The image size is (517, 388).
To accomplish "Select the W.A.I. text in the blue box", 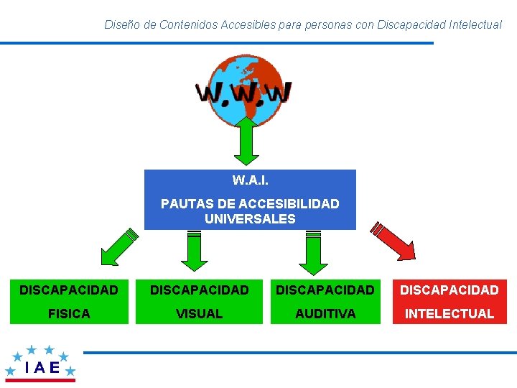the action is (250, 179).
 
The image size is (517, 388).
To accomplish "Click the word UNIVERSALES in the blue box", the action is (250, 218).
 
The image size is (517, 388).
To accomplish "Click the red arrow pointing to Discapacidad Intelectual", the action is (393, 240).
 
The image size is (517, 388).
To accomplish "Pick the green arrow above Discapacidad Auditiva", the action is (313, 254).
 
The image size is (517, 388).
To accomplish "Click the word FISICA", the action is (69, 314).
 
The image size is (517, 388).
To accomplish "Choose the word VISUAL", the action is (199, 314).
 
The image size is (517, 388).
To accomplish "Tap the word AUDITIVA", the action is (325, 314).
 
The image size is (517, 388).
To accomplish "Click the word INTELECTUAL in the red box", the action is (450, 314).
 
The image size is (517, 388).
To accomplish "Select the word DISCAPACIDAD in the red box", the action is (450, 290).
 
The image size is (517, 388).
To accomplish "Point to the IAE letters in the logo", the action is (42, 367).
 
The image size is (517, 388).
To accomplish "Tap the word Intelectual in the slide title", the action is (475, 24).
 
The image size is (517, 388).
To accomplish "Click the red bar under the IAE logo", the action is (40, 381).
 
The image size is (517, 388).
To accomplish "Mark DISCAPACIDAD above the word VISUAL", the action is (199, 290).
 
